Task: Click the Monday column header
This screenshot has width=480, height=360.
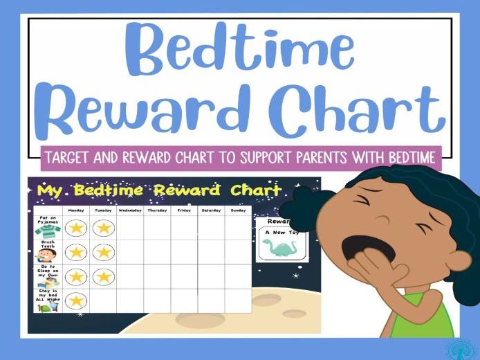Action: click(76, 210)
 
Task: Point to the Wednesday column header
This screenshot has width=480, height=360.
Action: click(130, 210)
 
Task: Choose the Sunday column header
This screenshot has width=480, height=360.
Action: click(238, 210)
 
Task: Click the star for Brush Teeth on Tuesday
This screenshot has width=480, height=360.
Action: click(103, 252)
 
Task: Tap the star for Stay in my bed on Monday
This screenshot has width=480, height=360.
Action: click(76, 300)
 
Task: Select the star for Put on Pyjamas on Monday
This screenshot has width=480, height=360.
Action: click(76, 227)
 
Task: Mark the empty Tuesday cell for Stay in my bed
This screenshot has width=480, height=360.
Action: click(103, 300)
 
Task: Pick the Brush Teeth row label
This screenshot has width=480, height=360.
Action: click(48, 244)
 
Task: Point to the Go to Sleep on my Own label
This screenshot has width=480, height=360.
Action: click(48, 272)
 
